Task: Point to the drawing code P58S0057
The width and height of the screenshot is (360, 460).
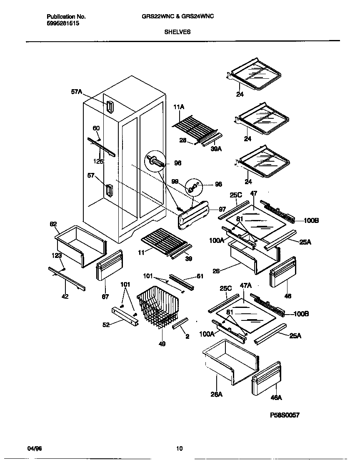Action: (285, 415)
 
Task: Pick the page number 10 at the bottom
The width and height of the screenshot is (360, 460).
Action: (179, 449)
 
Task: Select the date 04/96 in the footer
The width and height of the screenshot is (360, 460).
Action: (35, 449)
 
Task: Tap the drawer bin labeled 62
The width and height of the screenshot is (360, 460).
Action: (80, 245)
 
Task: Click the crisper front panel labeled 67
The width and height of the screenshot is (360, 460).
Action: (109, 267)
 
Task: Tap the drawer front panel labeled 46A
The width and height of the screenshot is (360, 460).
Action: (266, 380)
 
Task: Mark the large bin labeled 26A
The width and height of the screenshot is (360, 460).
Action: (230, 361)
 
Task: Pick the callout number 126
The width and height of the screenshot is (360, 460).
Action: (98, 162)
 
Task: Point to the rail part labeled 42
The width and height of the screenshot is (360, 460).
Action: (67, 279)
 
